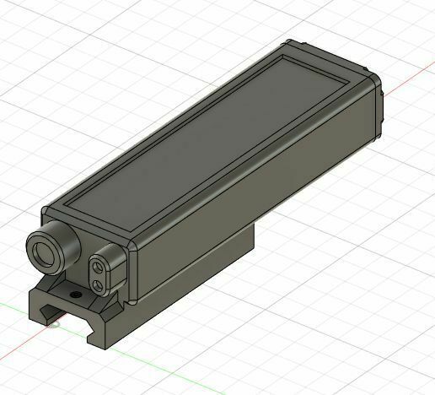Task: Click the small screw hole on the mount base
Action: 78,295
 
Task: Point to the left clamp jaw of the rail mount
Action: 38,307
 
